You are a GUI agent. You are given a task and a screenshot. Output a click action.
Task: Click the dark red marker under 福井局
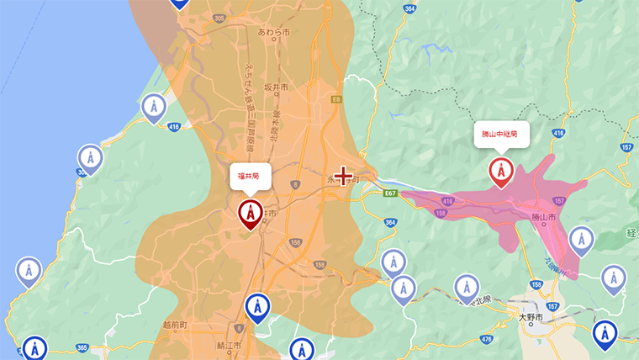point(251,213)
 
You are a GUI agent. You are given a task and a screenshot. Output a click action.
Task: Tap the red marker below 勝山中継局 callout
point(501,171)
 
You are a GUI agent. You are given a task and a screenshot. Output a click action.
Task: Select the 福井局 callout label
point(250,177)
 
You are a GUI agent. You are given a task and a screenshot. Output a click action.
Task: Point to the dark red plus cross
point(344,176)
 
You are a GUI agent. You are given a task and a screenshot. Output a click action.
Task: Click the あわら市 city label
point(273,32)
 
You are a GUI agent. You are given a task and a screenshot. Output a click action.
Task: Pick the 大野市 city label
point(531,317)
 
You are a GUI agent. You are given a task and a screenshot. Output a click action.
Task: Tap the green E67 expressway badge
point(389,193)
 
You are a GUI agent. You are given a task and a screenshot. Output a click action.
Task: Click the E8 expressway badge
point(336,99)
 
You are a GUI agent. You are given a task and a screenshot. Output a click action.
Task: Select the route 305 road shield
point(219,18)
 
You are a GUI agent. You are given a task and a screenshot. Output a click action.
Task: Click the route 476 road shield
point(486,339)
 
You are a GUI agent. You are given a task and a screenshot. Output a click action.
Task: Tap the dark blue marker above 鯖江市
point(257,307)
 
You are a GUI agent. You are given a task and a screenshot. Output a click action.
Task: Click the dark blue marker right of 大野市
point(604,333)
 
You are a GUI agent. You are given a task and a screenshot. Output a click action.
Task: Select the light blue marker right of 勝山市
point(581,239)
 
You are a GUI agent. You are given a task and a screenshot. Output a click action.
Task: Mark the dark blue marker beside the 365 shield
point(34,347)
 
